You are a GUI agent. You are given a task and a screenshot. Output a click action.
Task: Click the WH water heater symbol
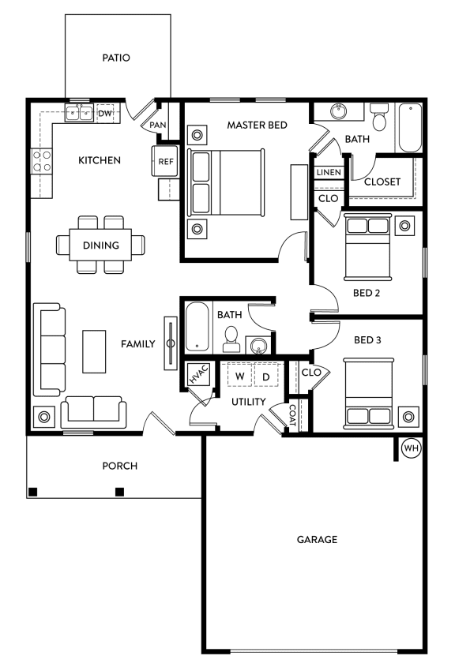pos(411,447)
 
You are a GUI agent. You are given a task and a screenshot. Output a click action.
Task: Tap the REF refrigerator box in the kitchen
pos(165,161)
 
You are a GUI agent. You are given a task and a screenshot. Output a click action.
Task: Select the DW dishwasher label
pos(105,114)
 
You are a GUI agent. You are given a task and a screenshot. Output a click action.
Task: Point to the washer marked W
pos(239,376)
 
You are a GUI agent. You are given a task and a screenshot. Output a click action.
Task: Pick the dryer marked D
pos(266,376)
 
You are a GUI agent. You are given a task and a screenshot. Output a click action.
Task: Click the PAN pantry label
pos(157,125)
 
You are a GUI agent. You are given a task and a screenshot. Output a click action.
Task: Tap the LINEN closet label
pos(328,173)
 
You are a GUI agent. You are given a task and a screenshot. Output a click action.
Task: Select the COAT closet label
pos(291,415)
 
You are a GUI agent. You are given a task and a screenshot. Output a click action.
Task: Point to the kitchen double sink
pos(80,114)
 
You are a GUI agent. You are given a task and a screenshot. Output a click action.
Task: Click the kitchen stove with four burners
pos(41,161)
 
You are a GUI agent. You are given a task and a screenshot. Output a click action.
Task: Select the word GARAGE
pos(317,540)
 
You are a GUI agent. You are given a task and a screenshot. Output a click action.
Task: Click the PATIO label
pos(116,58)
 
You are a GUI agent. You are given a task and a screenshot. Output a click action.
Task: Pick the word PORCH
pos(119,466)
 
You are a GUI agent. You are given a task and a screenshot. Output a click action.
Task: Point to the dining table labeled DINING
pos(100,245)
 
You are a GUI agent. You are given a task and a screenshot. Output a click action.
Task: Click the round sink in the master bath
pos(339,113)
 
